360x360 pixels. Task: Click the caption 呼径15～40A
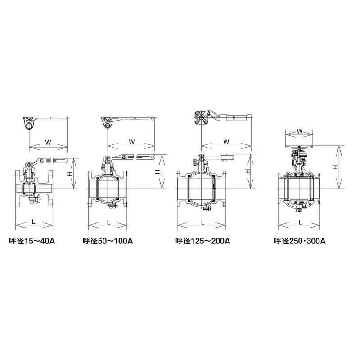[32, 241]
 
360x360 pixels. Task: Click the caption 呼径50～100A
[108, 241]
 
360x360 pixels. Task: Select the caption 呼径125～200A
[203, 241]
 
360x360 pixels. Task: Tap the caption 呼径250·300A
[300, 241]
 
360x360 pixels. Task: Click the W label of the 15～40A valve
[48, 142]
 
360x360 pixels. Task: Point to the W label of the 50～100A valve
[131, 142]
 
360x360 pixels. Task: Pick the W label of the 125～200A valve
[226, 142]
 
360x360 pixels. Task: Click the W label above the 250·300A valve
[300, 131]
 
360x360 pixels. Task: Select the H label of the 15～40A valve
[70, 174]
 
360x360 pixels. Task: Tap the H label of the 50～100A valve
[157, 172]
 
